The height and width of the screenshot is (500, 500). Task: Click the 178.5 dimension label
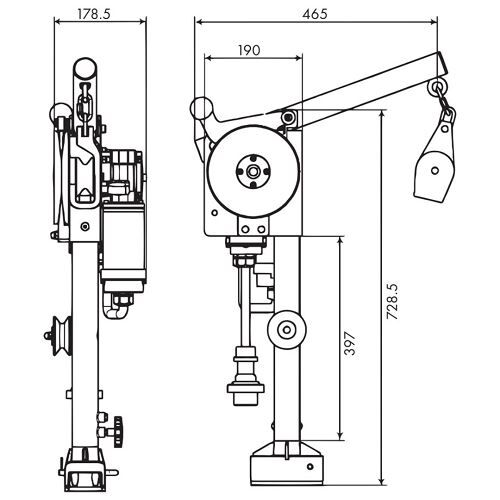tap(94, 14)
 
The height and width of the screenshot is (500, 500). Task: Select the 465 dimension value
tap(315, 14)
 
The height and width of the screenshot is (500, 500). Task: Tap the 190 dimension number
tap(249, 50)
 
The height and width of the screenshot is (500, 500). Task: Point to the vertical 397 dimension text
tap(350, 343)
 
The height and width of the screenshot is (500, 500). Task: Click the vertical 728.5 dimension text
tap(392, 301)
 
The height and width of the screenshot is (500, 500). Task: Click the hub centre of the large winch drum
tap(253, 172)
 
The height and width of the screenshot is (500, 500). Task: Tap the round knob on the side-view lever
tap(201, 107)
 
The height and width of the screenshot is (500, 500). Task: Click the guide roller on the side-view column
tap(287, 330)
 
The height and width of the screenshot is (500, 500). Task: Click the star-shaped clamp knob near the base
tap(118, 432)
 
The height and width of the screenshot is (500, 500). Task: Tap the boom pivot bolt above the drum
tap(288, 117)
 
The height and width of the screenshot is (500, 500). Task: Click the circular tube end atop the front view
tap(85, 69)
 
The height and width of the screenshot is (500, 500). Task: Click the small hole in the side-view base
tap(310, 466)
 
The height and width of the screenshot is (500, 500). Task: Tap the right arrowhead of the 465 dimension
tap(434, 22)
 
